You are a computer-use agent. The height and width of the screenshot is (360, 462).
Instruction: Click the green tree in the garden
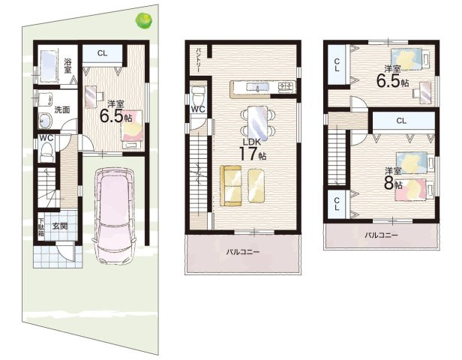pos(144,20)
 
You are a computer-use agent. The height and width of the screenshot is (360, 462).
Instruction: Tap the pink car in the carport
pos(114,216)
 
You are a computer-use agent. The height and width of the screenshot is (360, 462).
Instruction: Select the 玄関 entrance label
pos(60,226)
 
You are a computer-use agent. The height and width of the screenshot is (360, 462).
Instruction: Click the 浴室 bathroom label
pos(67,66)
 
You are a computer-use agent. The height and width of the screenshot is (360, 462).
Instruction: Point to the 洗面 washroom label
pos(62,109)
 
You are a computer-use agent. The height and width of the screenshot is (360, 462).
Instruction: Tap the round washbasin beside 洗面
pos(45,121)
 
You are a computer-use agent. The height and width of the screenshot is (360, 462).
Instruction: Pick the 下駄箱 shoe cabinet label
pos(40,227)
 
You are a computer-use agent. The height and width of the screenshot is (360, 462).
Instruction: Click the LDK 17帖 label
pos(253,150)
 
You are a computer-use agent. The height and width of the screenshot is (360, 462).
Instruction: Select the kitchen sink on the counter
pos(257,87)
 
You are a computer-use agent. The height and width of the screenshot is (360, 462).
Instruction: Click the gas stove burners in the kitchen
pos(286,86)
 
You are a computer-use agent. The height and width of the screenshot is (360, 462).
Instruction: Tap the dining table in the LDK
pos(257,123)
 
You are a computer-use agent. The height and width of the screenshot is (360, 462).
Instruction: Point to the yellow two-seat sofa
pos(231,185)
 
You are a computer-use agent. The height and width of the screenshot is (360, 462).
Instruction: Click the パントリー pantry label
pos(199,61)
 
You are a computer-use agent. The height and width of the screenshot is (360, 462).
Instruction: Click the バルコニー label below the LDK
pos(243,252)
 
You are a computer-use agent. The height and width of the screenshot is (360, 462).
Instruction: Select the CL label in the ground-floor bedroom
pos(102,53)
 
